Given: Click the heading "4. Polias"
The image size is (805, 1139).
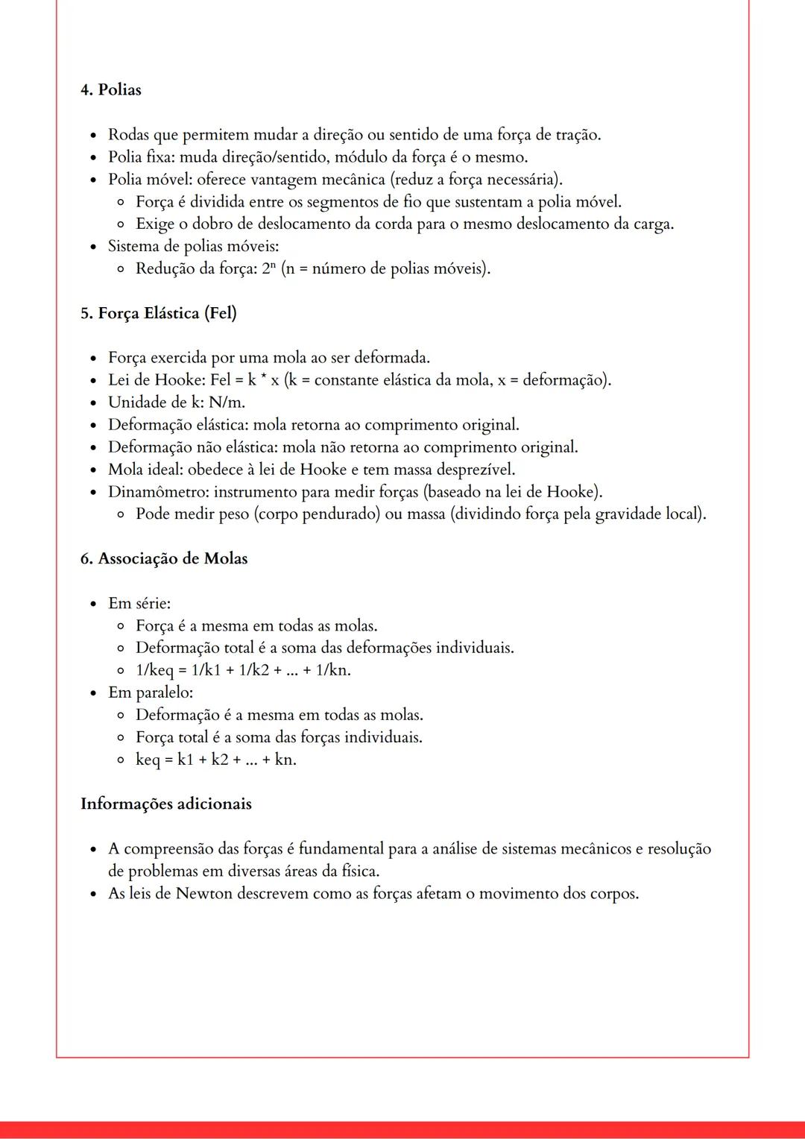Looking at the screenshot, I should click(110, 89).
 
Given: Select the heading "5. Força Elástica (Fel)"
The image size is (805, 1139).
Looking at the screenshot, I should click(158, 313).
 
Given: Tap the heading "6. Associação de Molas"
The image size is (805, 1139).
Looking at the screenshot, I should click(163, 558).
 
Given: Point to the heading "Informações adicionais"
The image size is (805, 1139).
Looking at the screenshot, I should click(165, 804).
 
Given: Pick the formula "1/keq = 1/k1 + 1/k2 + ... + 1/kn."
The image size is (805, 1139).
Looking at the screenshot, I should click(243, 670).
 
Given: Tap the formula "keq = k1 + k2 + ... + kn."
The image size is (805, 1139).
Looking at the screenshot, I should click(215, 760).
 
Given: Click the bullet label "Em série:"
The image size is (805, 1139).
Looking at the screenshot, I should click(139, 603).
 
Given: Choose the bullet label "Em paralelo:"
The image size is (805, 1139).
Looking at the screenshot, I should click(151, 692).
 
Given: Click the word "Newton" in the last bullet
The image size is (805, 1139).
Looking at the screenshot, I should click(203, 893).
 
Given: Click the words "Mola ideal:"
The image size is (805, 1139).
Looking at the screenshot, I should click(145, 470).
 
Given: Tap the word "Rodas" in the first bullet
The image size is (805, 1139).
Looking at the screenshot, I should click(128, 135).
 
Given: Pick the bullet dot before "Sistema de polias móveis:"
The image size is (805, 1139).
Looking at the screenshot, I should click(93, 247).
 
